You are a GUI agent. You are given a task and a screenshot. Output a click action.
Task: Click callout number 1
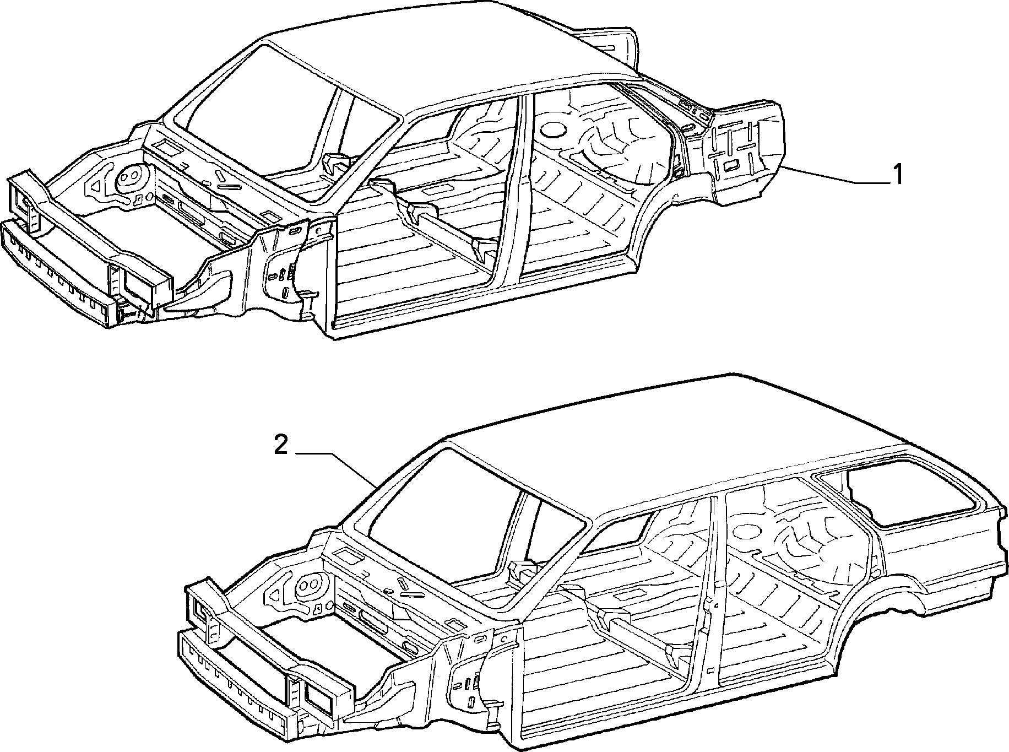pos(897,175)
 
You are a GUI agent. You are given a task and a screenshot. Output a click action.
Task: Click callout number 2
pos(281,445)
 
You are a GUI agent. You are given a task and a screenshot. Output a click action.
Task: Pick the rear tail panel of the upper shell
pos(744,149)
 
